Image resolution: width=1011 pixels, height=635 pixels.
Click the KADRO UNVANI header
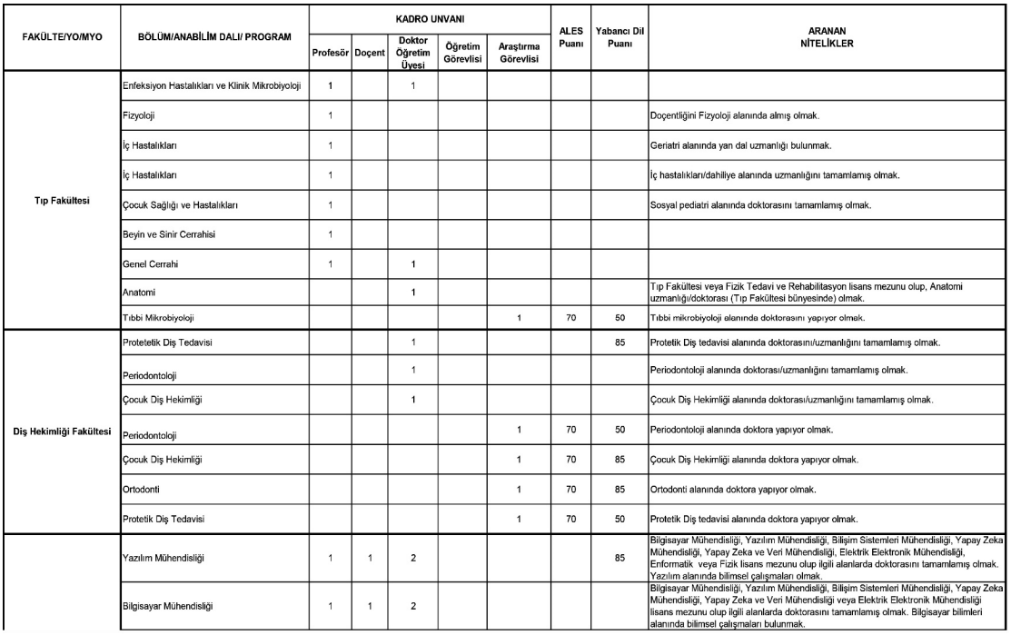point(426,16)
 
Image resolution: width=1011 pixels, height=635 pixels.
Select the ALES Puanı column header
point(570,36)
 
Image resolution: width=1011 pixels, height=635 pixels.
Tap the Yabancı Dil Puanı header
point(619,36)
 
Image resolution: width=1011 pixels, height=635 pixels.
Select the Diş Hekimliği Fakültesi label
point(59,431)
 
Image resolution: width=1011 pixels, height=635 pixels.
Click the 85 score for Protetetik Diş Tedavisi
point(619,342)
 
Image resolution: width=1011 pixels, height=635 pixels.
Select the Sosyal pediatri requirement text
point(761,204)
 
